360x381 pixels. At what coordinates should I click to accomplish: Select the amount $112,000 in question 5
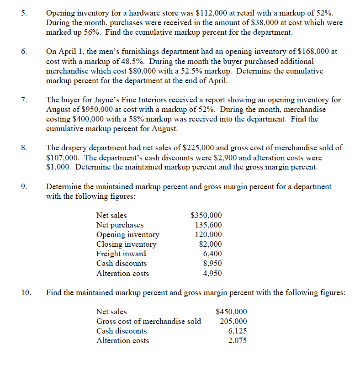[x=210, y=13]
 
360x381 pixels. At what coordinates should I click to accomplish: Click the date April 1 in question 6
[x=69, y=52]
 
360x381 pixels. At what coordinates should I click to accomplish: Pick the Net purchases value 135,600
[x=209, y=225]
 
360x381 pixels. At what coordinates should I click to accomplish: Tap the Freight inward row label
[x=121, y=254]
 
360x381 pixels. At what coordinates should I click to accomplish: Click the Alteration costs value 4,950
[x=212, y=274]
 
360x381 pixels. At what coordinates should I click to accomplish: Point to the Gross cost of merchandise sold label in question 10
[x=148, y=321]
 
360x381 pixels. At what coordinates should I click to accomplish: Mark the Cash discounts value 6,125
[x=238, y=331]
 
